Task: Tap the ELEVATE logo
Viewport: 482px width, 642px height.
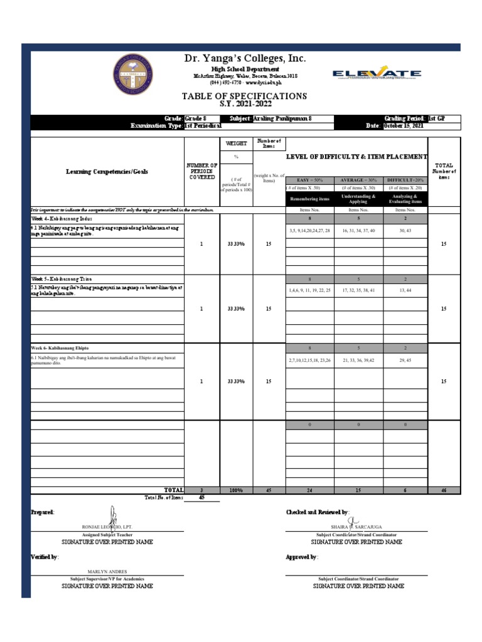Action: pyautogui.click(x=377, y=75)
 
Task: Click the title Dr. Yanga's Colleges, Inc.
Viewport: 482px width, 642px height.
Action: pyautogui.click(x=245, y=58)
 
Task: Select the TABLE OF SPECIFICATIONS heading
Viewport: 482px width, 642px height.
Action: pyautogui.click(x=244, y=96)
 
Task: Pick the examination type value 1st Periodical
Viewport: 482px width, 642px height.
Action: pyautogui.click(x=203, y=126)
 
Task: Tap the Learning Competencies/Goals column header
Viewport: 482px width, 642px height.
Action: pyautogui.click(x=107, y=172)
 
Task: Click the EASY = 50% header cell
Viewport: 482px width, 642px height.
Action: pyautogui.click(x=309, y=179)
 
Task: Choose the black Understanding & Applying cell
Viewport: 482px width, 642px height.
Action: pyautogui.click(x=358, y=199)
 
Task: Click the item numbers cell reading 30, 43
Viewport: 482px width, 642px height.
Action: pyautogui.click(x=405, y=231)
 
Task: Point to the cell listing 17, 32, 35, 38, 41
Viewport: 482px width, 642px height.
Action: pyautogui.click(x=358, y=290)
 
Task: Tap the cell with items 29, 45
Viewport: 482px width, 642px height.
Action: pyautogui.click(x=405, y=360)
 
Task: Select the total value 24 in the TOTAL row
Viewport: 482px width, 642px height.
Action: pyautogui.click(x=309, y=490)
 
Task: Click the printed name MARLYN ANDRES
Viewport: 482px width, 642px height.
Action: pyautogui.click(x=107, y=571)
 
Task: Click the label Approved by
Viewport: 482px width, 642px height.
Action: pyautogui.click(x=302, y=557)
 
